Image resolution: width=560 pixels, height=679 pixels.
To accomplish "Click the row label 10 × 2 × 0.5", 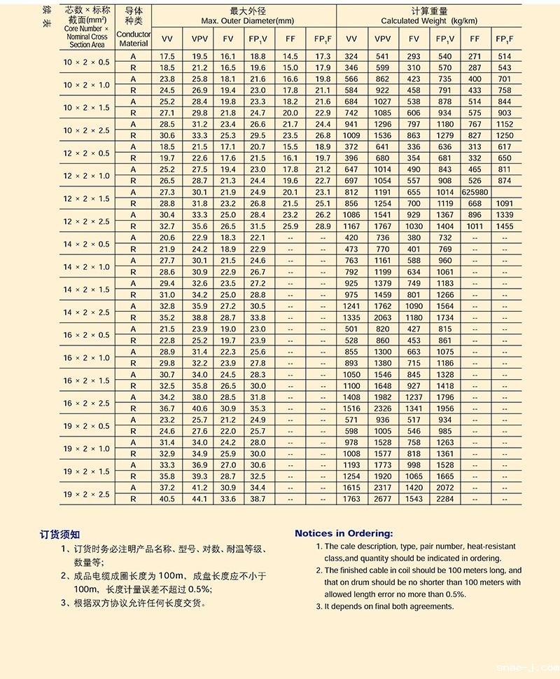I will tap(86, 62).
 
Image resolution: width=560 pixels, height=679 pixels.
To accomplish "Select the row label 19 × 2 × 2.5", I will tap(86, 493).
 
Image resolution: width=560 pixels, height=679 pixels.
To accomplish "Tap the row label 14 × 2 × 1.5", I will tap(86, 289).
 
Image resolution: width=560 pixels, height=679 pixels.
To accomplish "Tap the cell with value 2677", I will tap(383, 499).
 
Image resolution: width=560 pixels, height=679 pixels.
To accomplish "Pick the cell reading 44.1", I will tap(199, 499).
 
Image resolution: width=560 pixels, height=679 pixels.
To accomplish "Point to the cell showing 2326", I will tap(383, 409).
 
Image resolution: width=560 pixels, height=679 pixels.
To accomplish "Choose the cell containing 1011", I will tap(475, 226).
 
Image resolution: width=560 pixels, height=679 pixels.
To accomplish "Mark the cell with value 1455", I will tap(504, 226).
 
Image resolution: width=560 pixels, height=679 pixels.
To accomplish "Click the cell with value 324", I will tap(351, 56).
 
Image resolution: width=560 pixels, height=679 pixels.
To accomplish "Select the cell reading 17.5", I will tap(167, 56).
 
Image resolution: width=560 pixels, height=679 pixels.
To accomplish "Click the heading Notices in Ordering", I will tap(344, 533).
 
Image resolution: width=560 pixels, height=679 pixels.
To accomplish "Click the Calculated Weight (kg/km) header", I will tap(428, 21).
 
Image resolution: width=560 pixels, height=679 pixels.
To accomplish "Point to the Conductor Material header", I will tap(133, 39).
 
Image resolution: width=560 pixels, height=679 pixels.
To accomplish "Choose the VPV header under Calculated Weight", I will tap(383, 39).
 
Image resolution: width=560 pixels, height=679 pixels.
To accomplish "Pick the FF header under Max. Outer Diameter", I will tap(290, 39).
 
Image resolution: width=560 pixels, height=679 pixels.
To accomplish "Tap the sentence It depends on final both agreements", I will tap(389, 606).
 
